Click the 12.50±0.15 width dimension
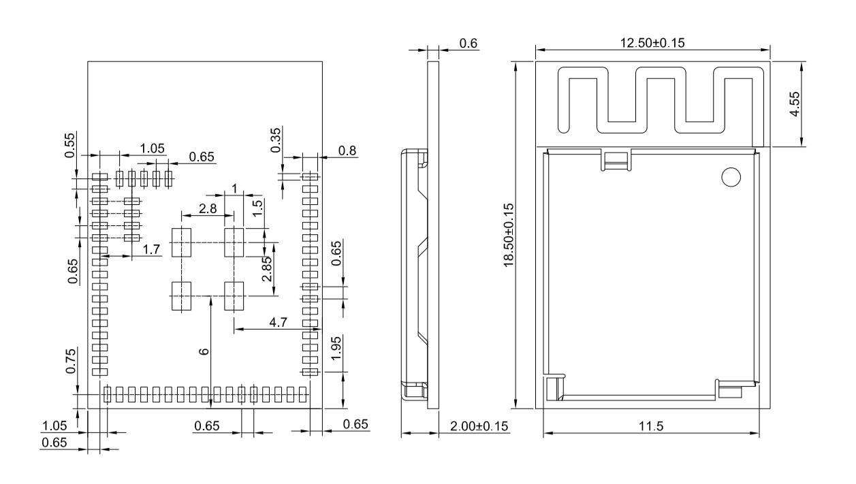(652, 43)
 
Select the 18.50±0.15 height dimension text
(508, 236)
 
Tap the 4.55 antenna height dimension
(794, 104)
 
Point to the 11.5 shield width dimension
(651, 425)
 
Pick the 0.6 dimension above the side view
(468, 44)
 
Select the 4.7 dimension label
(277, 321)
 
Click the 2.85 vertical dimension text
(268, 268)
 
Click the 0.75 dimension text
(71, 360)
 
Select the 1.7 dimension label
(151, 250)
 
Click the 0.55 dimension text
(71, 144)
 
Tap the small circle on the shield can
(730, 177)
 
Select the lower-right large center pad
(234, 297)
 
